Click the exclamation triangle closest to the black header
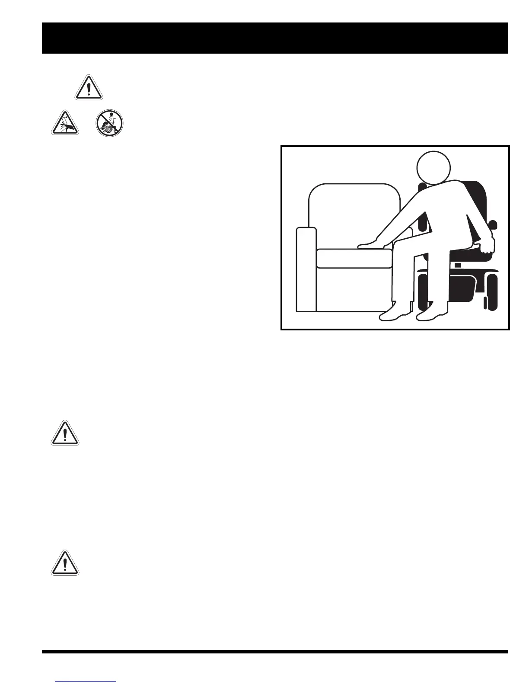[89, 88]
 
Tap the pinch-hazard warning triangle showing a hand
[65, 124]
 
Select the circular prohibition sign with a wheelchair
[110, 124]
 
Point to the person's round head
[433, 168]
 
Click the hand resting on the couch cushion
[372, 245]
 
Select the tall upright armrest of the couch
[306, 269]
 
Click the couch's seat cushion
[354, 258]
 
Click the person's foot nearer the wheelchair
[432, 314]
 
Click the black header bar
[275, 38]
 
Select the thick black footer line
[275, 651]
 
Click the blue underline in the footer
[86, 682]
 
